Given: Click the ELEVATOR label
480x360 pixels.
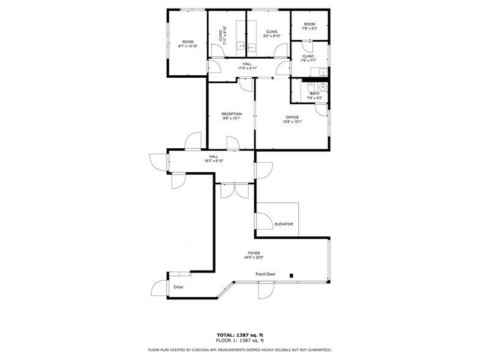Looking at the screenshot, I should coord(283,224).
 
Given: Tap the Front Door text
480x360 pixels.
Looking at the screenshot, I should coord(265,274).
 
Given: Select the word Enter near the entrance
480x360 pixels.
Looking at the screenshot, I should coord(178,287).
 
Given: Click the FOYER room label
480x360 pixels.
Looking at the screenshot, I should coord(253,253).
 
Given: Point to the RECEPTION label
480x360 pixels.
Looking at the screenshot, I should coord(231,114).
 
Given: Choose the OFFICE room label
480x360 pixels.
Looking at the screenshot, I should coord(292,117).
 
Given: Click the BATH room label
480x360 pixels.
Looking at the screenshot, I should coord(314,94).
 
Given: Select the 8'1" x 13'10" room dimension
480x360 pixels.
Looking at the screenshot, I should coord(187,47).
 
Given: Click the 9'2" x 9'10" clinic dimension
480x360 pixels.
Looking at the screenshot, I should coord(271,36).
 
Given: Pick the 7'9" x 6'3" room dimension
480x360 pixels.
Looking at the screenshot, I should coord(309,29).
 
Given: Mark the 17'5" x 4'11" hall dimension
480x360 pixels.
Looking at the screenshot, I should coord(247,68).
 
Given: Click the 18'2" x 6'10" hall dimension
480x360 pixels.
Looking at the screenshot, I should coord(214,161).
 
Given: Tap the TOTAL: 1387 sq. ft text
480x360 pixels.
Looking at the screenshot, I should coord(239,335).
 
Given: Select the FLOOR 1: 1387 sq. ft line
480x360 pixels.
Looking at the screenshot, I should coord(239,340).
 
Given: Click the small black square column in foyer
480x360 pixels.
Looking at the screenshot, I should coord(292,275).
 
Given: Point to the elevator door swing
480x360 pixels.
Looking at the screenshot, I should coord(263,221).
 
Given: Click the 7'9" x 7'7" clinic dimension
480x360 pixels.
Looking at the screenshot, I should coord(309,61).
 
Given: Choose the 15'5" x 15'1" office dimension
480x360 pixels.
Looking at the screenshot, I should coord(292,122).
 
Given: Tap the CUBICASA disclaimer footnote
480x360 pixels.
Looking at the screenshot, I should coord(239,350).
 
